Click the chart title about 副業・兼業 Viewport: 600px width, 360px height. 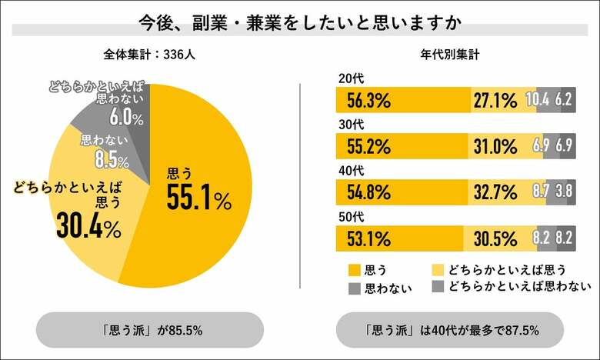point(299,21)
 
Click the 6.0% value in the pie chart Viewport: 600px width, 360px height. point(126,118)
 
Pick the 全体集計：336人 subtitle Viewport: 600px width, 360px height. point(149,55)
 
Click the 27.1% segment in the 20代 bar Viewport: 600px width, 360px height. point(503,100)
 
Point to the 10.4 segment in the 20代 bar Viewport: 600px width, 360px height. point(548,100)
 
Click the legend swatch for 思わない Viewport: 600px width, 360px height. point(355,288)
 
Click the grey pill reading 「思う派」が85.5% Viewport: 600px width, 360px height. point(150,330)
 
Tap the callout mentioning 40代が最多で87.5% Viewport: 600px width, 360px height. point(450,330)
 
